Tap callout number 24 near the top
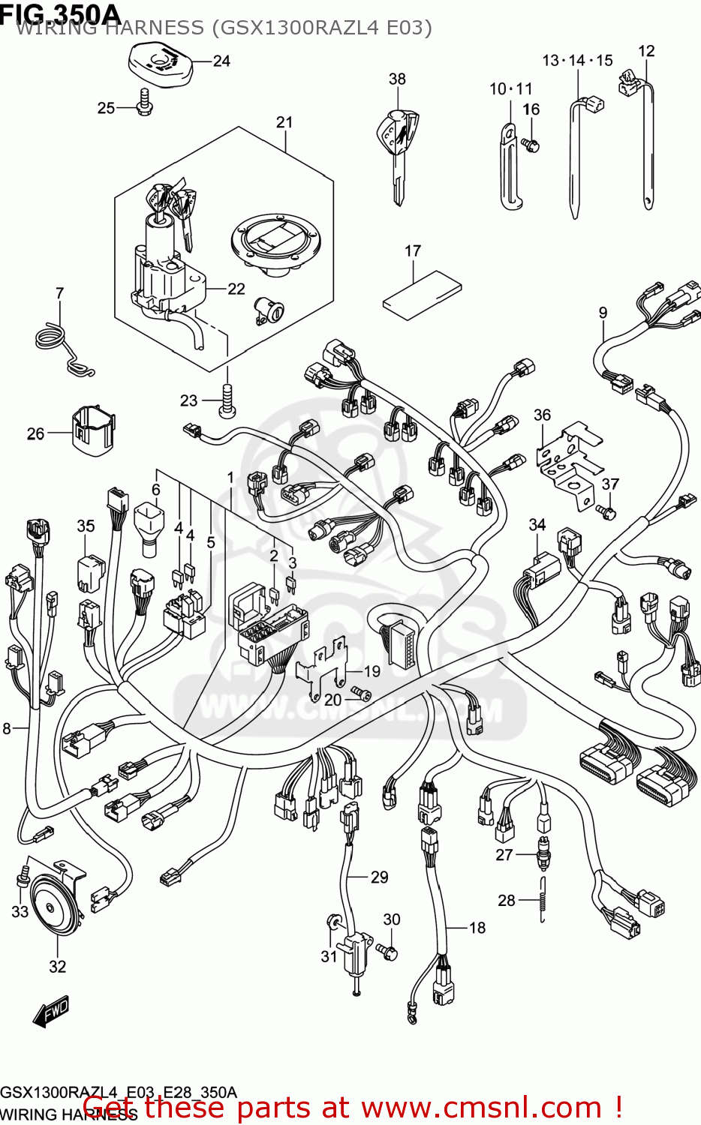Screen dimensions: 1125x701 point(221,61)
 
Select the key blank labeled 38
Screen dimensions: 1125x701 point(397,146)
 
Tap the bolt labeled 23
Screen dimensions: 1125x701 point(227,403)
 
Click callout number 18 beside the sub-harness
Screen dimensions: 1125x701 point(477,928)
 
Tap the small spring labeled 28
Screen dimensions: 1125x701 point(542,900)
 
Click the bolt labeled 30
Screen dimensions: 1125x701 point(388,951)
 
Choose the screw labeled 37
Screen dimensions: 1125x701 point(608,511)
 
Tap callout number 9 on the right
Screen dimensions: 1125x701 point(603,313)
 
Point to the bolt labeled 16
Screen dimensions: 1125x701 point(532,144)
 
